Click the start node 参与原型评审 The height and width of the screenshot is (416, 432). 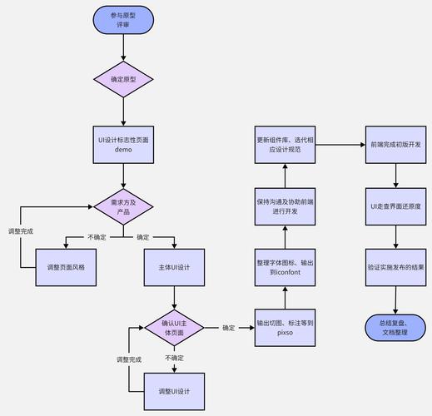coord(123,20)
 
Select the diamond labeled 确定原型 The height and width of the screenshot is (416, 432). coord(123,79)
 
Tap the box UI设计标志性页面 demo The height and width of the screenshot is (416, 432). coord(123,145)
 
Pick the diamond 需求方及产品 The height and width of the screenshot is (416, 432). coord(123,205)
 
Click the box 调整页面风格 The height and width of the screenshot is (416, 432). coord(72,267)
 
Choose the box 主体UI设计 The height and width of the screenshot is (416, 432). coord(174,267)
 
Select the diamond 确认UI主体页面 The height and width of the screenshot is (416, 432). coord(174,328)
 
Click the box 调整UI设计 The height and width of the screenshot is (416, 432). coord(174,391)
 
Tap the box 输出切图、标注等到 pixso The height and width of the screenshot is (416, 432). coord(285,328)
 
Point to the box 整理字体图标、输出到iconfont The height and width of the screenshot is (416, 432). coord(285,267)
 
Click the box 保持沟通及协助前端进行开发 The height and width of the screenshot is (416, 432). coord(285,206)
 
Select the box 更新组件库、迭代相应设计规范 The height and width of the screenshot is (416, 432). coord(285,145)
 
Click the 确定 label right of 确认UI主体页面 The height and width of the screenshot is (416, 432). coord(229,328)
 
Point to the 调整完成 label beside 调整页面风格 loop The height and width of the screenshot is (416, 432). coord(20,230)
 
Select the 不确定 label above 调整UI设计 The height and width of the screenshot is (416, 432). coord(174,358)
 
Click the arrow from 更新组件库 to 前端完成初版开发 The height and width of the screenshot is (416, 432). coord(340,145)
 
